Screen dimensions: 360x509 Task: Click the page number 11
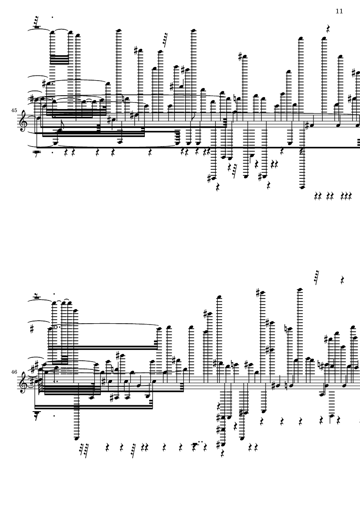[x=339, y=11]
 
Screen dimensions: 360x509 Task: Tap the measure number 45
[x=14, y=110]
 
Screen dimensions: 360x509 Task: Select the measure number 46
[x=14, y=372]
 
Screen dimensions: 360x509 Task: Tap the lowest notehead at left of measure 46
[x=77, y=438]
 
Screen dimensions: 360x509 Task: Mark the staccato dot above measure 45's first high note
[x=53, y=18]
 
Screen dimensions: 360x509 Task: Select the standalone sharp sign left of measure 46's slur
[x=32, y=329]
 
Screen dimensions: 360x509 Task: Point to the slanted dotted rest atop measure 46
[x=316, y=277]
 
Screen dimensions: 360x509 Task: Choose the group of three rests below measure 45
[x=346, y=196]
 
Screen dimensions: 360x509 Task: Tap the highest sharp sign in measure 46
[x=258, y=293]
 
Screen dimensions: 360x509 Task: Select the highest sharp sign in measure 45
[x=240, y=57]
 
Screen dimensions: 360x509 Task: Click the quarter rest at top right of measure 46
[x=342, y=280]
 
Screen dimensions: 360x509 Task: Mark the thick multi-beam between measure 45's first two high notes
[x=59, y=60]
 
